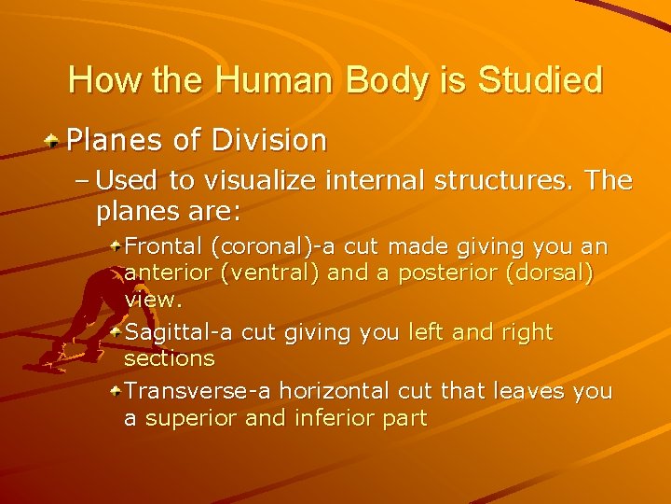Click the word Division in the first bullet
[269, 140]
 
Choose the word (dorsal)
[561, 273]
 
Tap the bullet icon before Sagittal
[115, 330]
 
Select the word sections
[169, 358]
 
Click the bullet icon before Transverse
[115, 390]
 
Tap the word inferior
[334, 418]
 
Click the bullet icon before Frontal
[115, 245]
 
